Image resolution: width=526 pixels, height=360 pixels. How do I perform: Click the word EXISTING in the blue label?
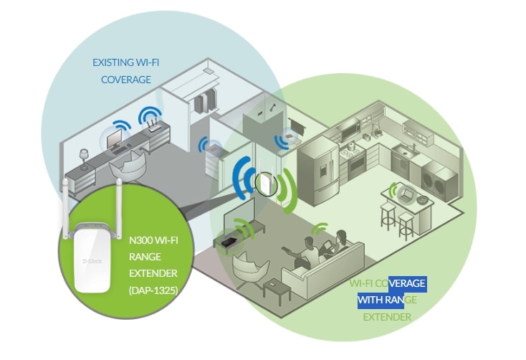pyautogui.click(x=113, y=62)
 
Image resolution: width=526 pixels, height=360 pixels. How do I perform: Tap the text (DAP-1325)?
pyautogui.click(x=153, y=290)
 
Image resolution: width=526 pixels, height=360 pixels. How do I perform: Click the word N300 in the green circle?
pyautogui.click(x=141, y=240)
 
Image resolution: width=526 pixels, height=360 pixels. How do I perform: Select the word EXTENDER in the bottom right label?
pyautogui.click(x=387, y=317)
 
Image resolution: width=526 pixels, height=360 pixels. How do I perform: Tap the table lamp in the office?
pyautogui.click(x=84, y=158)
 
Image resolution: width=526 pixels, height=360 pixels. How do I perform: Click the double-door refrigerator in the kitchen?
pyautogui.click(x=319, y=171)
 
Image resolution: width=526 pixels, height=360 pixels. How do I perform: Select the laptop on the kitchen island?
pyautogui.click(x=406, y=195)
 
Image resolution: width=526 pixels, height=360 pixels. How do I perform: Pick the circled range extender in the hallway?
pyautogui.click(x=266, y=184)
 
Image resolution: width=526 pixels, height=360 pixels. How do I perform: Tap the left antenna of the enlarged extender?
pyautogui.click(x=65, y=208)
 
